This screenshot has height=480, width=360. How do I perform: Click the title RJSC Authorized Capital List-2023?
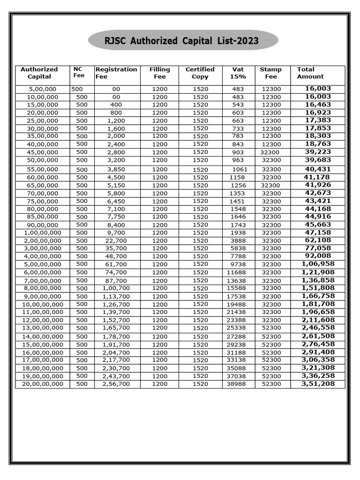(181, 41)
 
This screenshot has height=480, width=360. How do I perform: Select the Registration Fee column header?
(116, 73)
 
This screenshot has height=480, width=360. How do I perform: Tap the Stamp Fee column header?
(271, 73)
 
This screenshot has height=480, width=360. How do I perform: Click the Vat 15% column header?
(238, 73)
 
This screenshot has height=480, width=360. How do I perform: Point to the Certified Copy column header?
(200, 73)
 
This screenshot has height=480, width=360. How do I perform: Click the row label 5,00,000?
(42, 89)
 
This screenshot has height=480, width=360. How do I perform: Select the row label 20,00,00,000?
(42, 384)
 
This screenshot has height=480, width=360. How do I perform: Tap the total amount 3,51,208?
(318, 383)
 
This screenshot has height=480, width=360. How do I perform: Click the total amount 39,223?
(318, 152)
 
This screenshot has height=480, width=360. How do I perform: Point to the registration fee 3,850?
(116, 169)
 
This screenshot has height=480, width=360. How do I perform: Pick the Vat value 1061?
(239, 169)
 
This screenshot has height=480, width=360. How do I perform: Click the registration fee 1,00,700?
(116, 288)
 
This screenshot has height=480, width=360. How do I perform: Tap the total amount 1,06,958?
(318, 264)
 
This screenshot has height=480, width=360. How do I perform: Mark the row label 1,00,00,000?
(42, 232)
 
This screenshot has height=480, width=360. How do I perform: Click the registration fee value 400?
(116, 105)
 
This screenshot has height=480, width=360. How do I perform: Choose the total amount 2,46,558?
(318, 328)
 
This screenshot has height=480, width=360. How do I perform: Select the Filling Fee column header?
(159, 73)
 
